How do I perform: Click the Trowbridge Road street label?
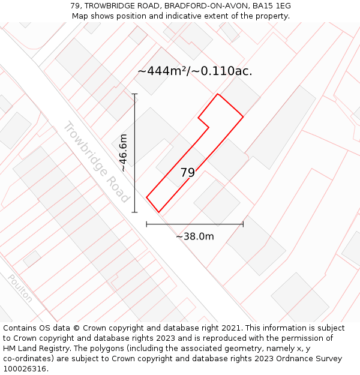[96, 162]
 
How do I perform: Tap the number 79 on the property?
[188, 173]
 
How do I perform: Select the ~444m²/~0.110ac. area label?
[195, 71]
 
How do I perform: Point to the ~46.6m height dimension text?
[124, 153]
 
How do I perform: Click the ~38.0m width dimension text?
[195, 236]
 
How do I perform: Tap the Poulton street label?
[20, 289]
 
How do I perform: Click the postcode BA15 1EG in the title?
[272, 6]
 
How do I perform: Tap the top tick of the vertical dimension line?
[135, 94]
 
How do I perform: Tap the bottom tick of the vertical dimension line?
[135, 212]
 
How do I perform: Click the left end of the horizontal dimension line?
[147, 224]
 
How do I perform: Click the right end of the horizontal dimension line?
[243, 224]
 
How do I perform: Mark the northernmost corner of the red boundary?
[218, 94]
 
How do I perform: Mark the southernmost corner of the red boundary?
[158, 212]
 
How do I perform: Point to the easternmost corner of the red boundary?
[243, 116]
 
